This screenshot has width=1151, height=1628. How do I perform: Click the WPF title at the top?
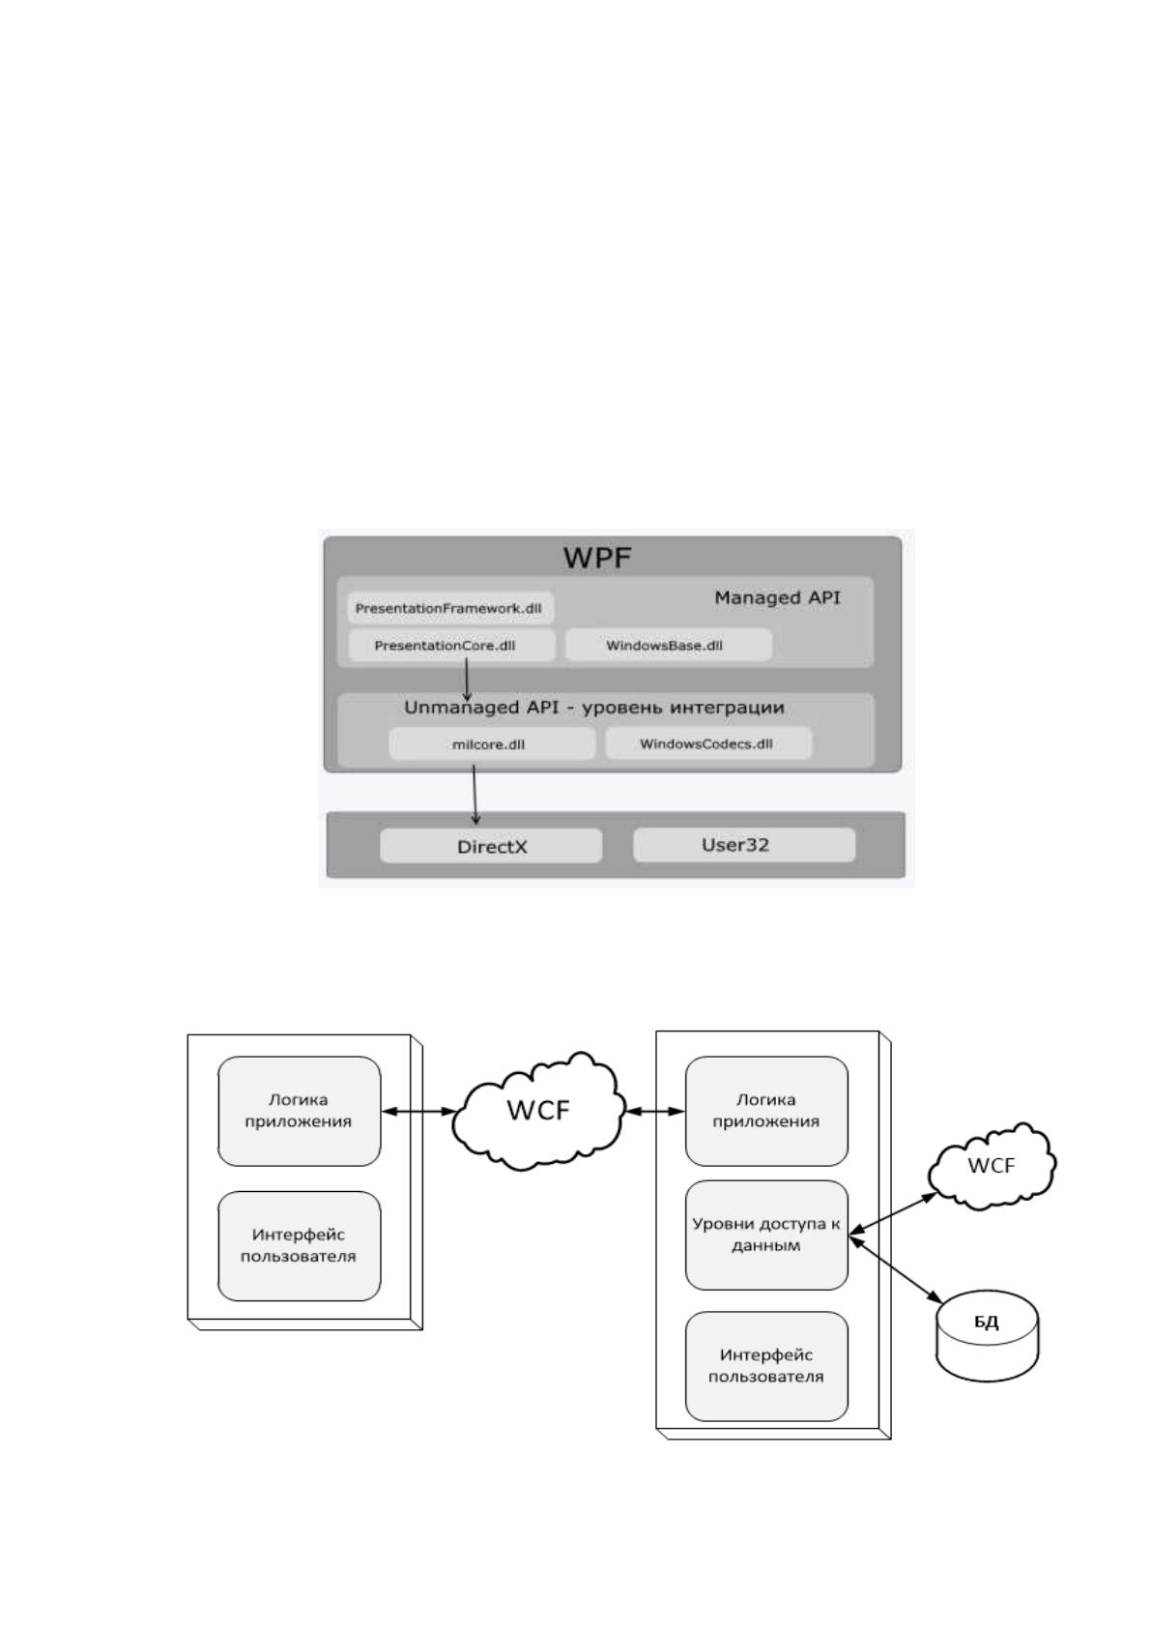click(597, 558)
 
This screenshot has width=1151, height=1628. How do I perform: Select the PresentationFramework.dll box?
click(449, 608)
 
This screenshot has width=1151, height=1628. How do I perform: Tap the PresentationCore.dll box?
click(452, 646)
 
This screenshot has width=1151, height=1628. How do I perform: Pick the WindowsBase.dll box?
click(669, 646)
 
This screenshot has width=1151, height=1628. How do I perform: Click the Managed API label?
click(777, 597)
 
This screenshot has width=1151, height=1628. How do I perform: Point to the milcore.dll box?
click(492, 744)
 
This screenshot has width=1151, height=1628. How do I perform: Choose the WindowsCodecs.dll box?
click(708, 743)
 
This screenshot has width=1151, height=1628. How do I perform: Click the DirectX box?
click(491, 846)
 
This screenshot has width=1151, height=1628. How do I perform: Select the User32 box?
click(744, 845)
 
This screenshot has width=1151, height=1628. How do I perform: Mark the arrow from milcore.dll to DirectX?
click(475, 794)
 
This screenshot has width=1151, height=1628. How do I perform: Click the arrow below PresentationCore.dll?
click(467, 680)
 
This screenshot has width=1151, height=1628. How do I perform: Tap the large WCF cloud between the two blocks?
click(538, 1111)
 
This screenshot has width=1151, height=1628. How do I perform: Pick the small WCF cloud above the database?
click(992, 1166)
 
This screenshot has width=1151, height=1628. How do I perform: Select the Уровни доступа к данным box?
click(766, 1235)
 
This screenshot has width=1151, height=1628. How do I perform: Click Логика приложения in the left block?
click(300, 1111)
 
